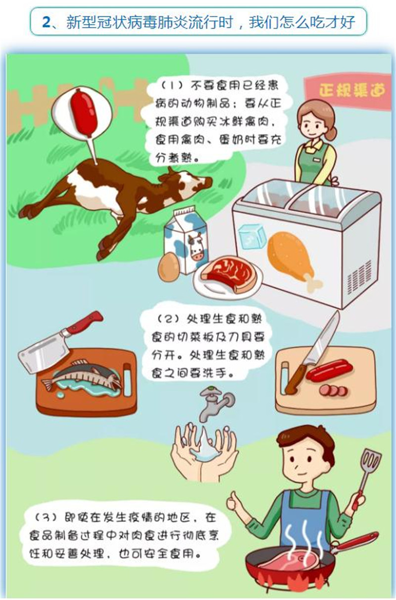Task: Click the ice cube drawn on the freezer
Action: [251, 236]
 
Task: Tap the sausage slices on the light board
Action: [334, 390]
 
